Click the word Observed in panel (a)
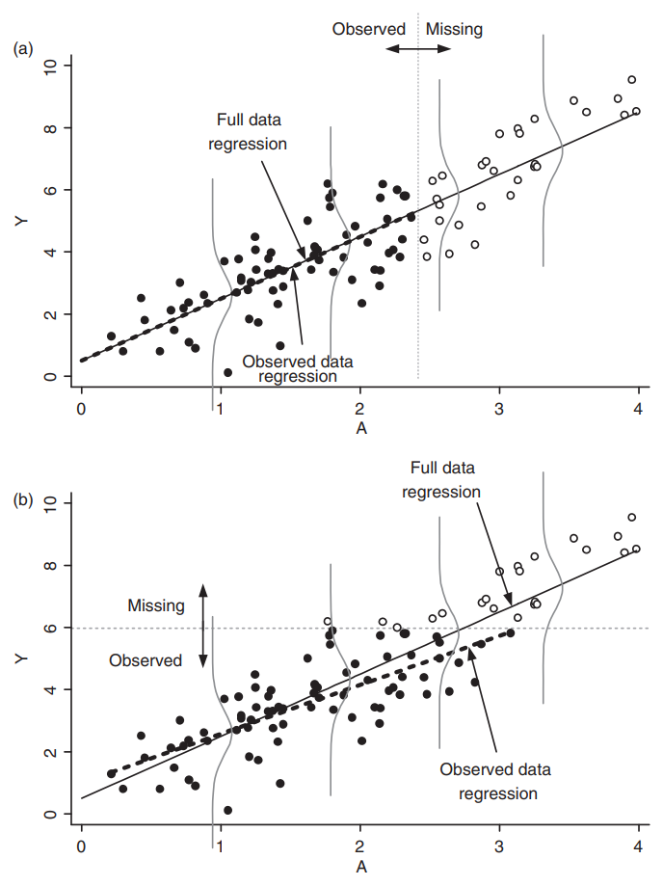(369, 29)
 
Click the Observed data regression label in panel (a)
(297, 369)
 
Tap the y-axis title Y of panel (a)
(20, 221)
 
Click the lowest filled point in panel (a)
(228, 372)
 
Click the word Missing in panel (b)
(155, 605)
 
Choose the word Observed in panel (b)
(146, 661)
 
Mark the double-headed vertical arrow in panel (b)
(202, 627)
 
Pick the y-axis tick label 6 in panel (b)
(50, 628)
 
